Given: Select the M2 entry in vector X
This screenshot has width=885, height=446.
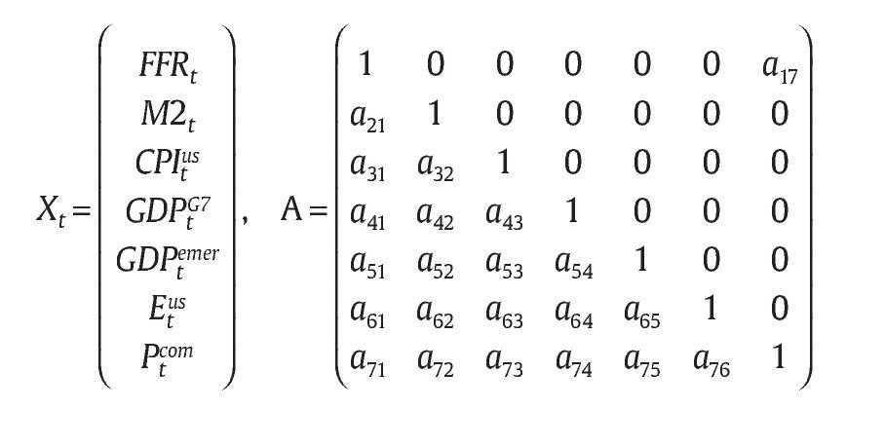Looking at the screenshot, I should pyautogui.click(x=169, y=119).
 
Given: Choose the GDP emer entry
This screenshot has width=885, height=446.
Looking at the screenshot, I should pyautogui.click(x=169, y=261).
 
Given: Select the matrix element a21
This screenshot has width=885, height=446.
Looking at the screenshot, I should pyautogui.click(x=368, y=119).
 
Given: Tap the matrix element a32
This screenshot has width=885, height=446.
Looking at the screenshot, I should pyautogui.click(x=436, y=167).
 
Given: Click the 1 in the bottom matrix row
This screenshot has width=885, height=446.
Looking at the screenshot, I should pyautogui.click(x=779, y=357).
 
